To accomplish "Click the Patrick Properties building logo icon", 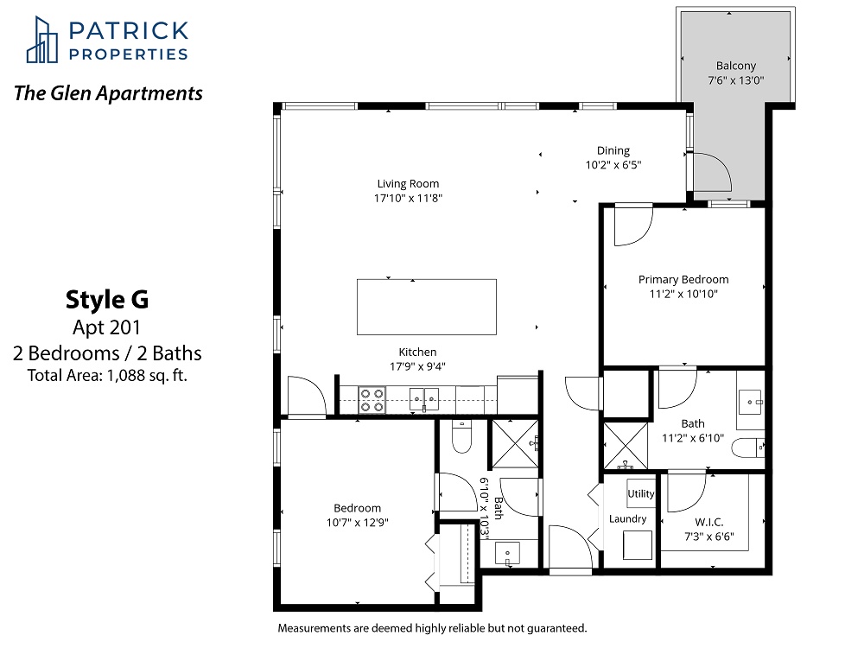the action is point(41,40).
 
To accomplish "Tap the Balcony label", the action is point(735,66).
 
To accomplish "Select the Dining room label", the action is point(613,150).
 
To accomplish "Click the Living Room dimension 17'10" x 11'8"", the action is point(408,199).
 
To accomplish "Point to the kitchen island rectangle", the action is point(427,307).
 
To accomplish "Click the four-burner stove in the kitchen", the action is point(372,401).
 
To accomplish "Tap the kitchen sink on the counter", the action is point(424,399).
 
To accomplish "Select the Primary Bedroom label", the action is point(683,279).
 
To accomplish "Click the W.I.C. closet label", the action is point(709,522).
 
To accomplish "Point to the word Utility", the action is point(641,493).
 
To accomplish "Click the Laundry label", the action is point(627,519).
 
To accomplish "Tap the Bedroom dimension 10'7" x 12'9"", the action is point(357,523).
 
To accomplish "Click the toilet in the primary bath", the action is point(748,448).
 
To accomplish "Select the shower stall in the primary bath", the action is point(626,445).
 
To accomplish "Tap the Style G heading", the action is point(107,300).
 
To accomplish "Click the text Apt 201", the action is point(107,327).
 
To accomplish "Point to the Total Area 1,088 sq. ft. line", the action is point(107,376).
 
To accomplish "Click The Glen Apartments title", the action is point(108,93).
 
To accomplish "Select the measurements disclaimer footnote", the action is point(432,628).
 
